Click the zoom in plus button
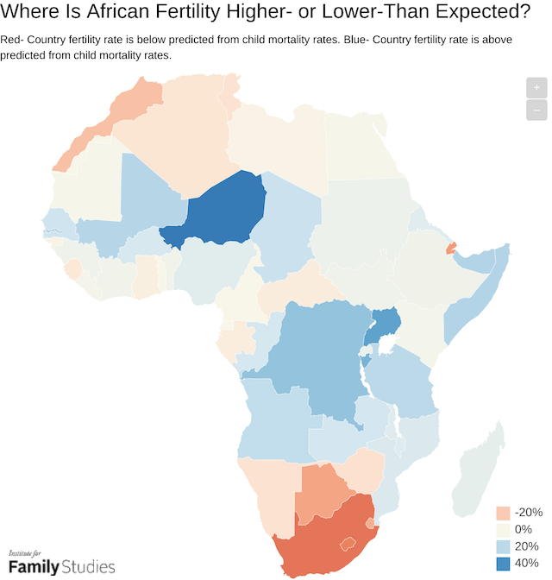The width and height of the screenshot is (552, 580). (x=536, y=88)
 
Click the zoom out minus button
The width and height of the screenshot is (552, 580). (x=536, y=110)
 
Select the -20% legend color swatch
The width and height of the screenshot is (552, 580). (x=504, y=513)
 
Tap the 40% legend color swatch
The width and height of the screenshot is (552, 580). (x=504, y=564)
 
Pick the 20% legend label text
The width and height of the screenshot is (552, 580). (x=527, y=547)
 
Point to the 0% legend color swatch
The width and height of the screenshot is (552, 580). (x=504, y=530)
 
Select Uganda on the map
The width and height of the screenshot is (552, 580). (x=384, y=327)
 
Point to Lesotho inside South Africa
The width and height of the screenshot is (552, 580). (x=348, y=544)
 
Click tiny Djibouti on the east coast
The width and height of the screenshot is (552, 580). (x=450, y=249)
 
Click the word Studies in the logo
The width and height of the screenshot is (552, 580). (x=85, y=567)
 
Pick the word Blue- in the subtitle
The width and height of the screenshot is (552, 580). (x=356, y=41)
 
